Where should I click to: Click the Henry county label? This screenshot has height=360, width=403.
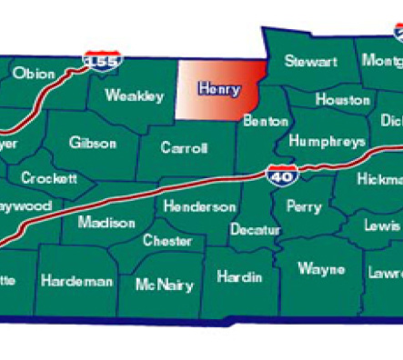(219, 89)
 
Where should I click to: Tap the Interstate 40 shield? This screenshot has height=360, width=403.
(281, 174)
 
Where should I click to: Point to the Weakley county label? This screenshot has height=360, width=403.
(135, 95)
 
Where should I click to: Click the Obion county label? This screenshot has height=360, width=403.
(35, 73)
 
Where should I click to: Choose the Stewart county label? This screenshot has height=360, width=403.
(311, 62)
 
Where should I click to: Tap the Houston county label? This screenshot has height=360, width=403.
(342, 99)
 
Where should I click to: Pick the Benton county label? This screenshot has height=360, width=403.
(265, 120)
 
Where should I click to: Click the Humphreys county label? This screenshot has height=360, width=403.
(327, 141)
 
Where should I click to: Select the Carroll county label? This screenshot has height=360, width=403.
(185, 147)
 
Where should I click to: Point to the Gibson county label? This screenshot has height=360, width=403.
(93, 143)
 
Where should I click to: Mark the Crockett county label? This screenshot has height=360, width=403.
(49, 178)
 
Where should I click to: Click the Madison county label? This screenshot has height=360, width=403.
(106, 222)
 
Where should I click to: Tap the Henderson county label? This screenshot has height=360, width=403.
(200, 206)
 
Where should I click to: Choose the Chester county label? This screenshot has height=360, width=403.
(167, 241)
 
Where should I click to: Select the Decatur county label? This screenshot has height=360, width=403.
(255, 229)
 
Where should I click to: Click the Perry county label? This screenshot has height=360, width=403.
(304, 206)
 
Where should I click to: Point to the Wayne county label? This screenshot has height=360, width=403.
(321, 269)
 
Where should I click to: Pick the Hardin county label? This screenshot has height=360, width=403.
(240, 276)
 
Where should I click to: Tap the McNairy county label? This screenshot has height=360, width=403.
(164, 285)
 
